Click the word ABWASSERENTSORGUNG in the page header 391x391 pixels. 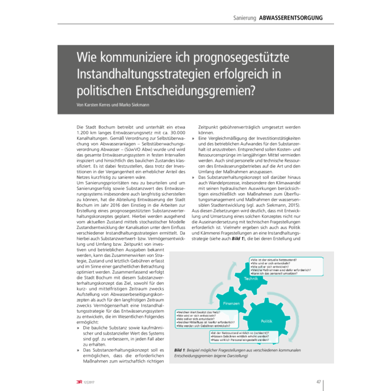click(290, 18)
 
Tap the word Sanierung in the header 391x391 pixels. click(244, 18)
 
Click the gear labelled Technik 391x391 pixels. click(251, 278)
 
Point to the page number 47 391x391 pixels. click(319, 382)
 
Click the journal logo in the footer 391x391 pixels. click(73, 382)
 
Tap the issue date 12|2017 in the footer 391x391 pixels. click(86, 383)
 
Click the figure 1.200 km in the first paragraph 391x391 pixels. click(88, 134)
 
